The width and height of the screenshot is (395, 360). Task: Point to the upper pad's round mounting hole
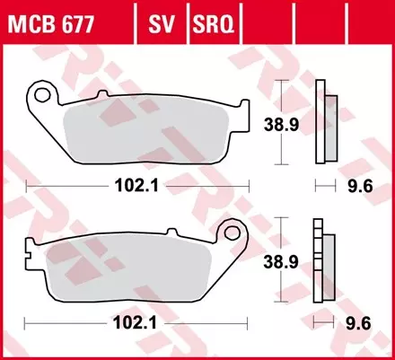tap(40, 92)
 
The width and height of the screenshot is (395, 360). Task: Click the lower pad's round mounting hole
tap(235, 234)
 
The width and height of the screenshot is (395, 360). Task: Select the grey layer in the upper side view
tap(329, 128)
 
